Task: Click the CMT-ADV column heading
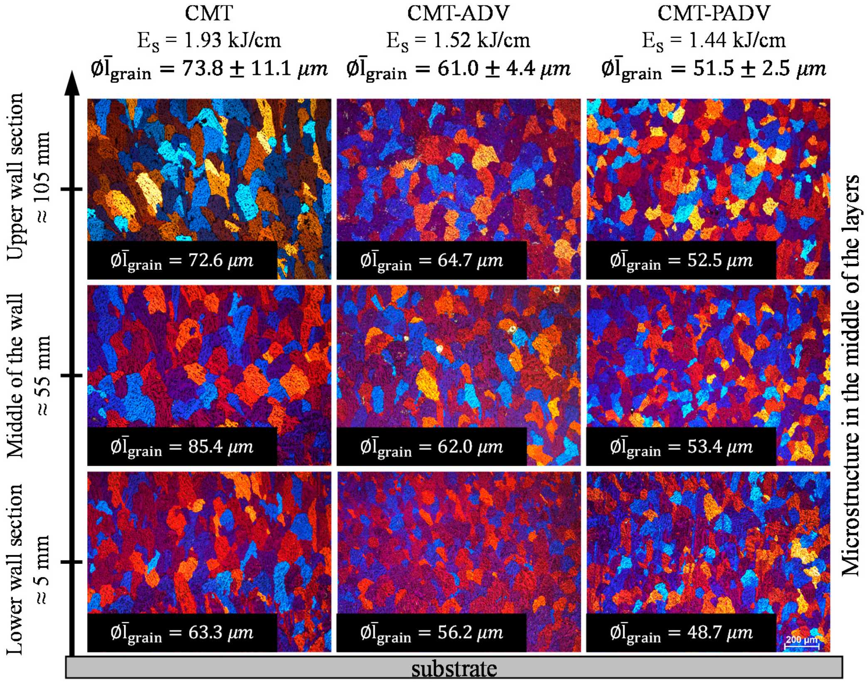(x=458, y=13)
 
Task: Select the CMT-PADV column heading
(x=714, y=13)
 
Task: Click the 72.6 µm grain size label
(x=182, y=260)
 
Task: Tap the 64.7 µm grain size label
(x=432, y=260)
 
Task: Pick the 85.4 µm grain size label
(x=182, y=447)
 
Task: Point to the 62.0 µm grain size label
(x=432, y=447)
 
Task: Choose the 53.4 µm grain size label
(x=681, y=447)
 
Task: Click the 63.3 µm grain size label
(x=182, y=633)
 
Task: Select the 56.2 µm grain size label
(x=432, y=633)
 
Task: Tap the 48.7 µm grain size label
(x=681, y=633)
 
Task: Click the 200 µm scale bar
(x=801, y=643)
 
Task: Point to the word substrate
(x=454, y=668)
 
